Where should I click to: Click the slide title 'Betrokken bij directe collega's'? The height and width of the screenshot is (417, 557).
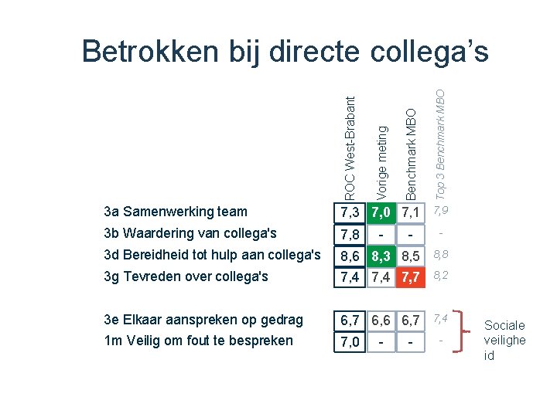click(285, 52)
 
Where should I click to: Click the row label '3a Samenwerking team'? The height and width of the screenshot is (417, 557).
click(175, 212)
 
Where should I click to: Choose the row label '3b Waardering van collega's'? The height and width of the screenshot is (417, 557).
click(190, 232)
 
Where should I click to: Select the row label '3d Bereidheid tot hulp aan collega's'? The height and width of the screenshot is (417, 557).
click(211, 255)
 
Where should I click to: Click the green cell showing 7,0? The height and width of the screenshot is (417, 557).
click(380, 212)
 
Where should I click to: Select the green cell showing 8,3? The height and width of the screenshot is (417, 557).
click(380, 256)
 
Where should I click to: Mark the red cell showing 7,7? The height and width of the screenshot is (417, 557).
click(411, 276)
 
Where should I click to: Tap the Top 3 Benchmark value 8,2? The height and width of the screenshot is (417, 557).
click(440, 275)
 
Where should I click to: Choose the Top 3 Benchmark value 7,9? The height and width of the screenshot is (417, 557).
click(440, 211)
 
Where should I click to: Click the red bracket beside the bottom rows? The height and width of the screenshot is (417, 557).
click(464, 330)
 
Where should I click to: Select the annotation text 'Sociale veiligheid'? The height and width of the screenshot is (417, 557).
click(504, 341)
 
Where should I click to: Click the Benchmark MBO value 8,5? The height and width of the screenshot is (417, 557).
click(411, 256)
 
